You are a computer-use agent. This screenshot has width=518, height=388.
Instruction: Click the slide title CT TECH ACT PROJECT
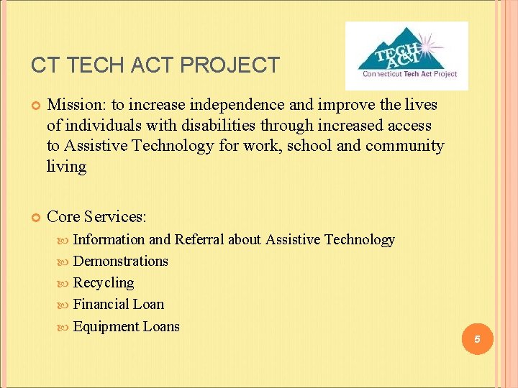(x=155, y=65)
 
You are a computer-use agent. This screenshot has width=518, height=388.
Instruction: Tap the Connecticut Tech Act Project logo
(x=406, y=55)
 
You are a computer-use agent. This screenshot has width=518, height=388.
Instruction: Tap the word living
(x=66, y=167)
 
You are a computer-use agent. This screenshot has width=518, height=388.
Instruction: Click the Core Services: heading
(x=95, y=216)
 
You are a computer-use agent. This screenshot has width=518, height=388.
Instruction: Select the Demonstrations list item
(x=120, y=261)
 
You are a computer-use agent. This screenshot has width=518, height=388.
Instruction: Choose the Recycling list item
(x=104, y=282)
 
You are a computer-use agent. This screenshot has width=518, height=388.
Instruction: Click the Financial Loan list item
(x=119, y=304)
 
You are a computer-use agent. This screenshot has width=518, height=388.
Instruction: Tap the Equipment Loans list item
(x=127, y=326)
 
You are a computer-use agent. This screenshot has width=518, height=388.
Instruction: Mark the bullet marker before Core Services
(x=34, y=217)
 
